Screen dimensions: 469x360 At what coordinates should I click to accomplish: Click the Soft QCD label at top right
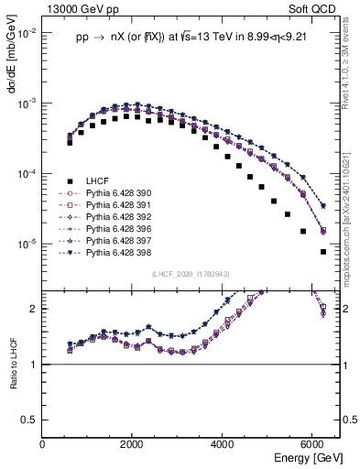click(313, 8)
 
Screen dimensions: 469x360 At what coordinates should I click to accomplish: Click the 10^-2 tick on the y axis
click(27, 33)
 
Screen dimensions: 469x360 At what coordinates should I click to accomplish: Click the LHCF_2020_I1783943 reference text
click(191, 274)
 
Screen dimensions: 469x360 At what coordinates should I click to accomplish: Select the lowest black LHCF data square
click(322, 252)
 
